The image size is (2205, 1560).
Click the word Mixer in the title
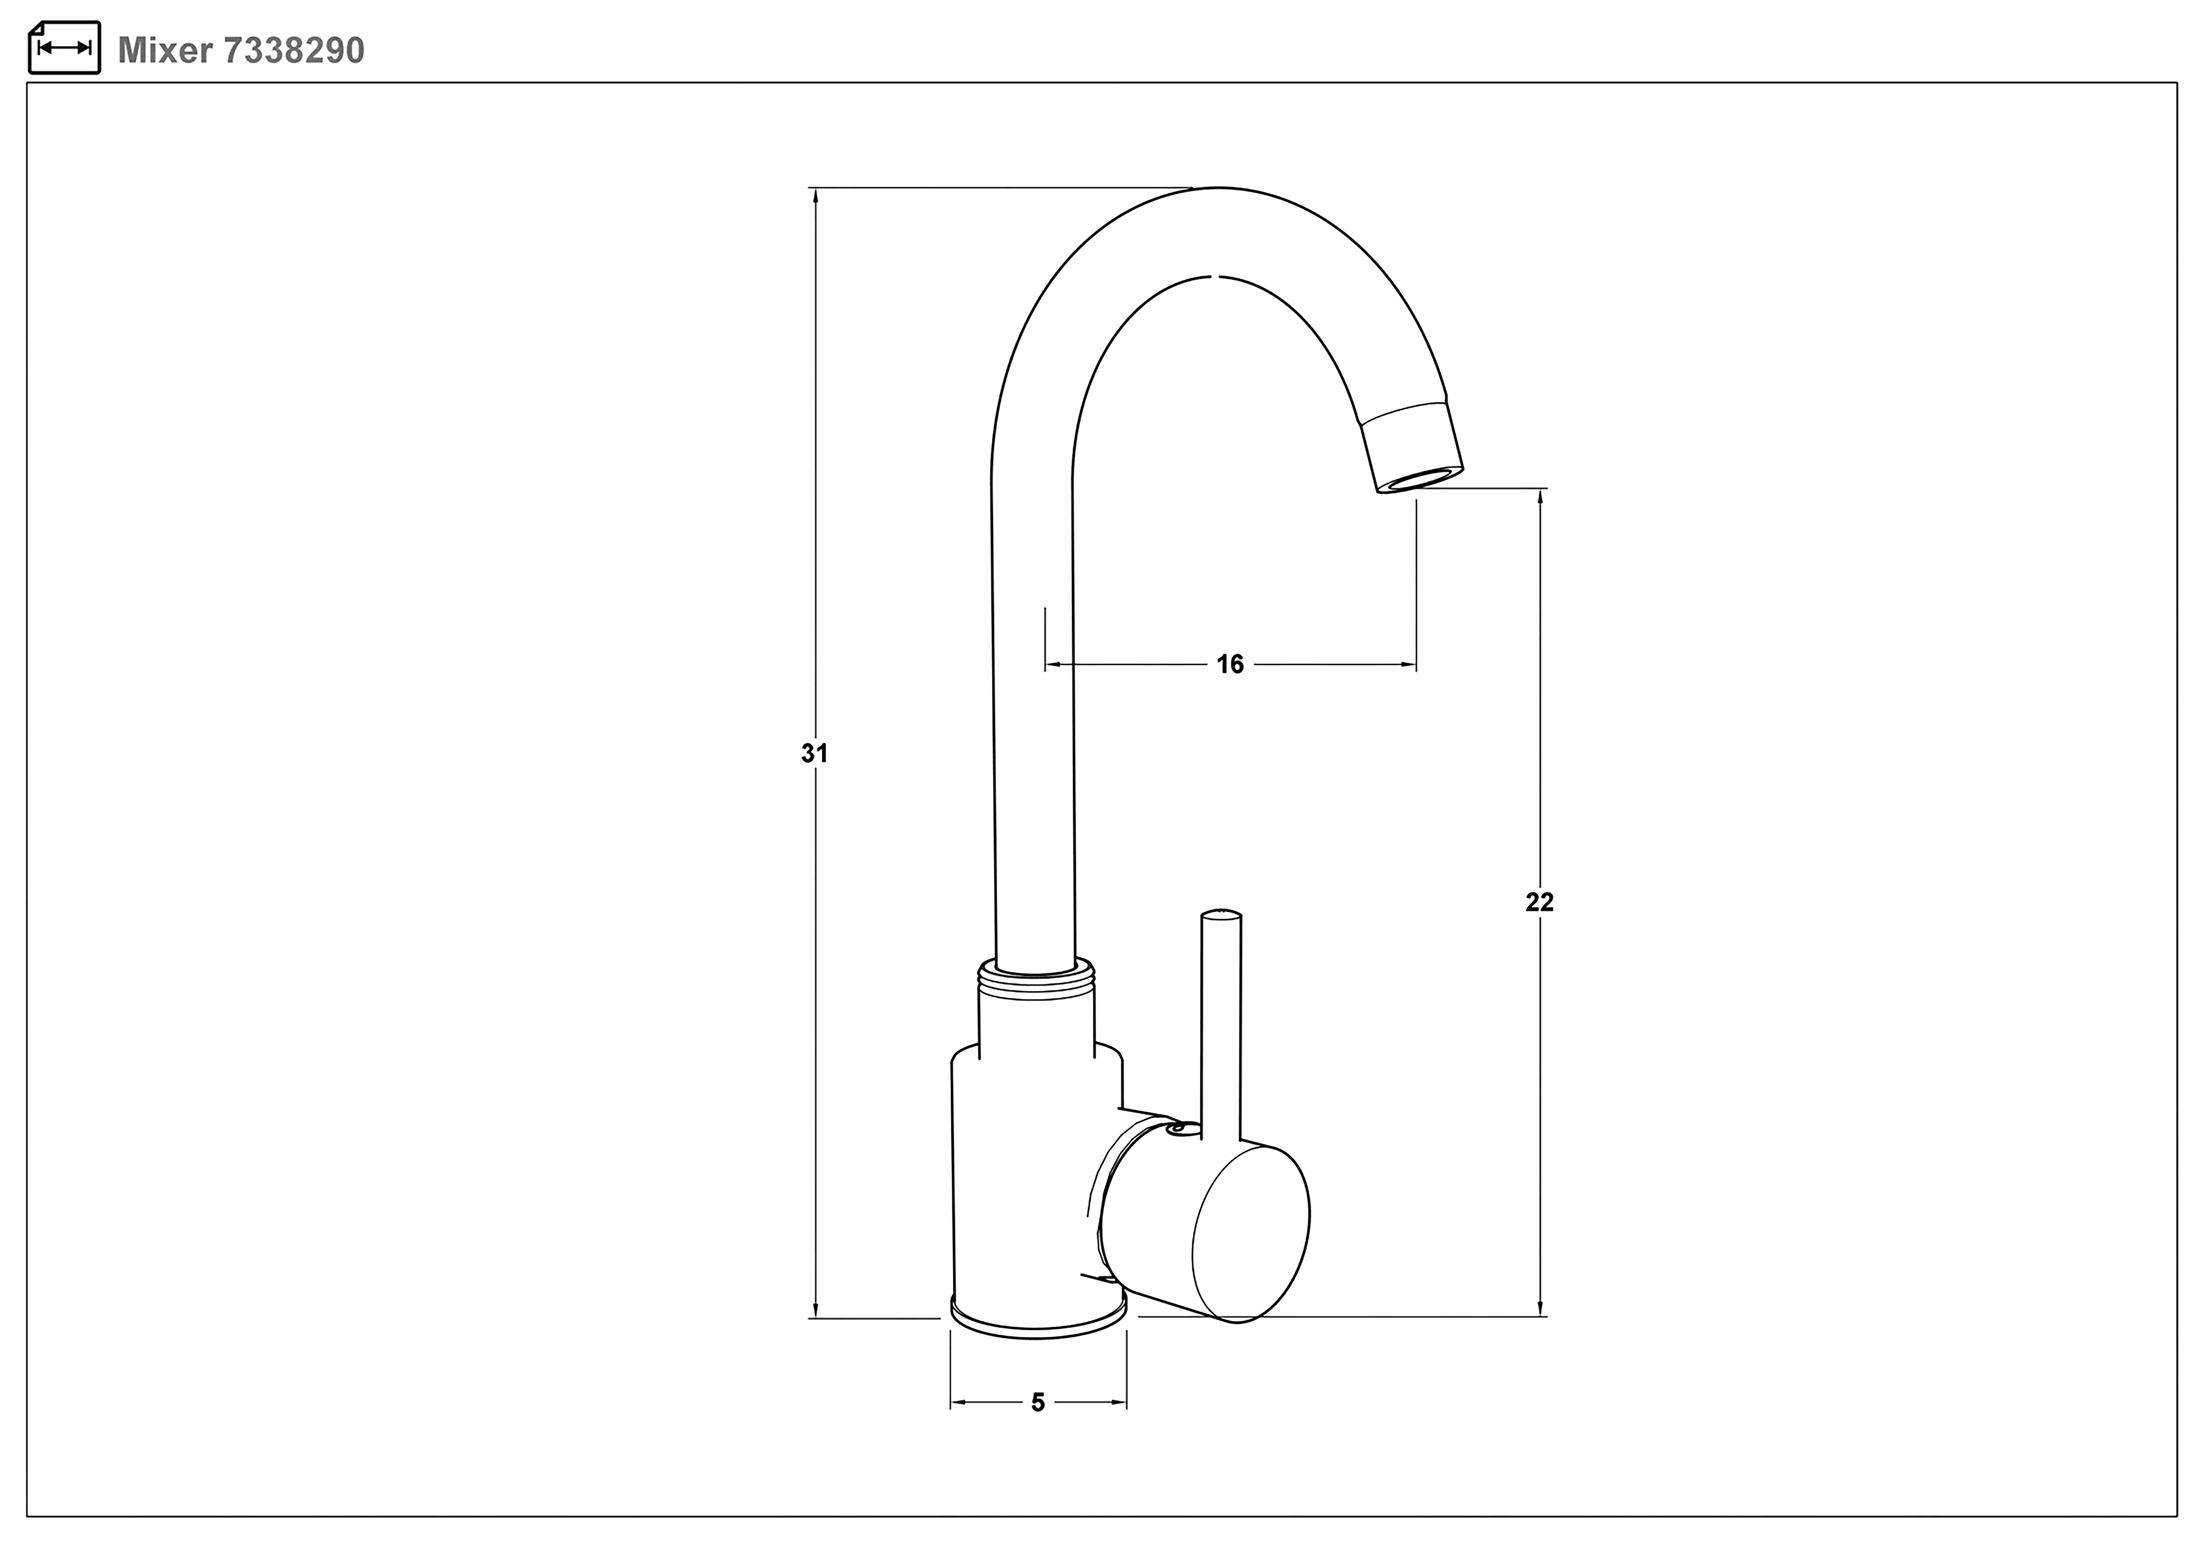(x=164, y=50)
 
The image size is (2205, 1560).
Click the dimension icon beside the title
(x=64, y=47)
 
